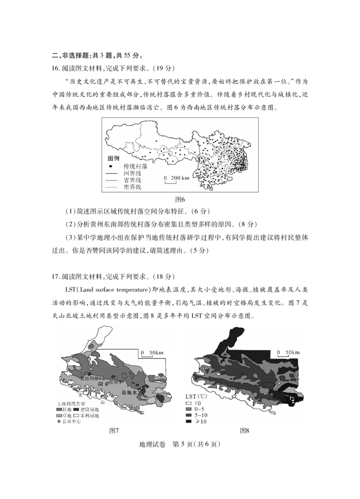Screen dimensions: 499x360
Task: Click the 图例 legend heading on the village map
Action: (x=113, y=159)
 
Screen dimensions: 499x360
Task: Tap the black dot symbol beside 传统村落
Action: (x=111, y=166)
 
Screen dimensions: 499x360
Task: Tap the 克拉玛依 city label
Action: (x=88, y=378)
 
